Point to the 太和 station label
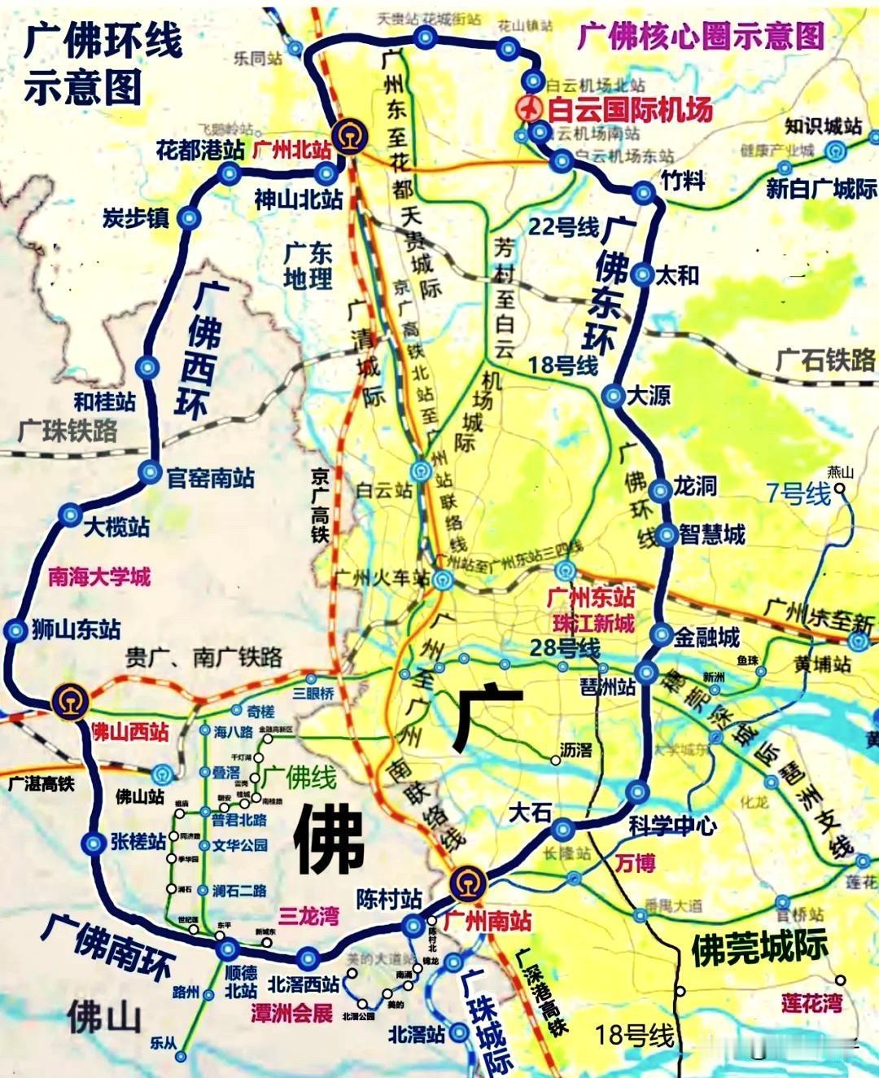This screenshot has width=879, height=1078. tap(677, 275)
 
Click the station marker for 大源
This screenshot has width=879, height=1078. tap(613, 396)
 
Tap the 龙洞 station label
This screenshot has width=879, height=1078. tap(694, 486)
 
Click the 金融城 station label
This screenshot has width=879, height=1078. tap(706, 636)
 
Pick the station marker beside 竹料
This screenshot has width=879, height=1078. tap(643, 192)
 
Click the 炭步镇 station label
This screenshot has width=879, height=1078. tap(135, 217)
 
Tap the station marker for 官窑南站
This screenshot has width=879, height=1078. tap(150, 471)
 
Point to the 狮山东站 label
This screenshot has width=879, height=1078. tap(76, 629)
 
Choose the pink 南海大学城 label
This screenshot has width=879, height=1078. tap(99, 577)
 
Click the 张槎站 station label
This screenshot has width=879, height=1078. tap(138, 841)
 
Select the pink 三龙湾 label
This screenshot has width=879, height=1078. tap(308, 916)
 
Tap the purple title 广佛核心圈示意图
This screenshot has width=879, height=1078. tap(701, 36)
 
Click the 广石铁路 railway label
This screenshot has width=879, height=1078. tap(824, 360)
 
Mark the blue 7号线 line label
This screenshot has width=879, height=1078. tap(798, 493)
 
